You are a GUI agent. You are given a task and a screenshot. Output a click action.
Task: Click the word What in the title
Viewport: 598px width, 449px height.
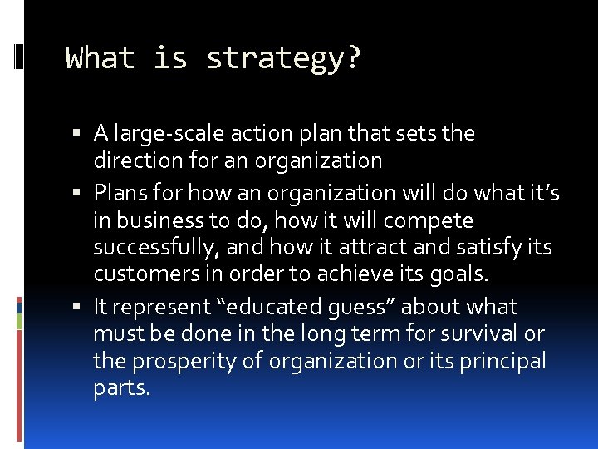coord(100,59)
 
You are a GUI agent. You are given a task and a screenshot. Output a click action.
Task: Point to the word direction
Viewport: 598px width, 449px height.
coord(134,160)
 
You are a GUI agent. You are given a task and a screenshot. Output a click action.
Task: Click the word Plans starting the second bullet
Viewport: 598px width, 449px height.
coord(120,193)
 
